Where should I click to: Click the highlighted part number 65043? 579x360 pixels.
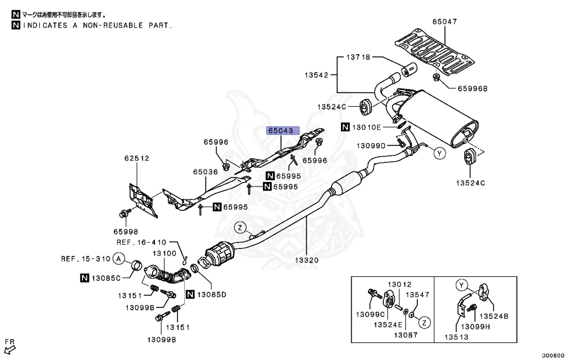coord(281,131)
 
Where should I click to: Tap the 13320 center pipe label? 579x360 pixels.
coord(306,261)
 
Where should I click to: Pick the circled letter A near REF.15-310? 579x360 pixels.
coord(118,259)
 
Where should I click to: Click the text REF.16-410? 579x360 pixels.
coord(141,241)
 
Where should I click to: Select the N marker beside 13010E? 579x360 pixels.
coord(345,127)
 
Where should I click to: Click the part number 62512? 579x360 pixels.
coord(137,158)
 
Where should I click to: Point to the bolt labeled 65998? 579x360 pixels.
coord(122,214)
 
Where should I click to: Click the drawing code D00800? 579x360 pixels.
coord(553,355)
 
